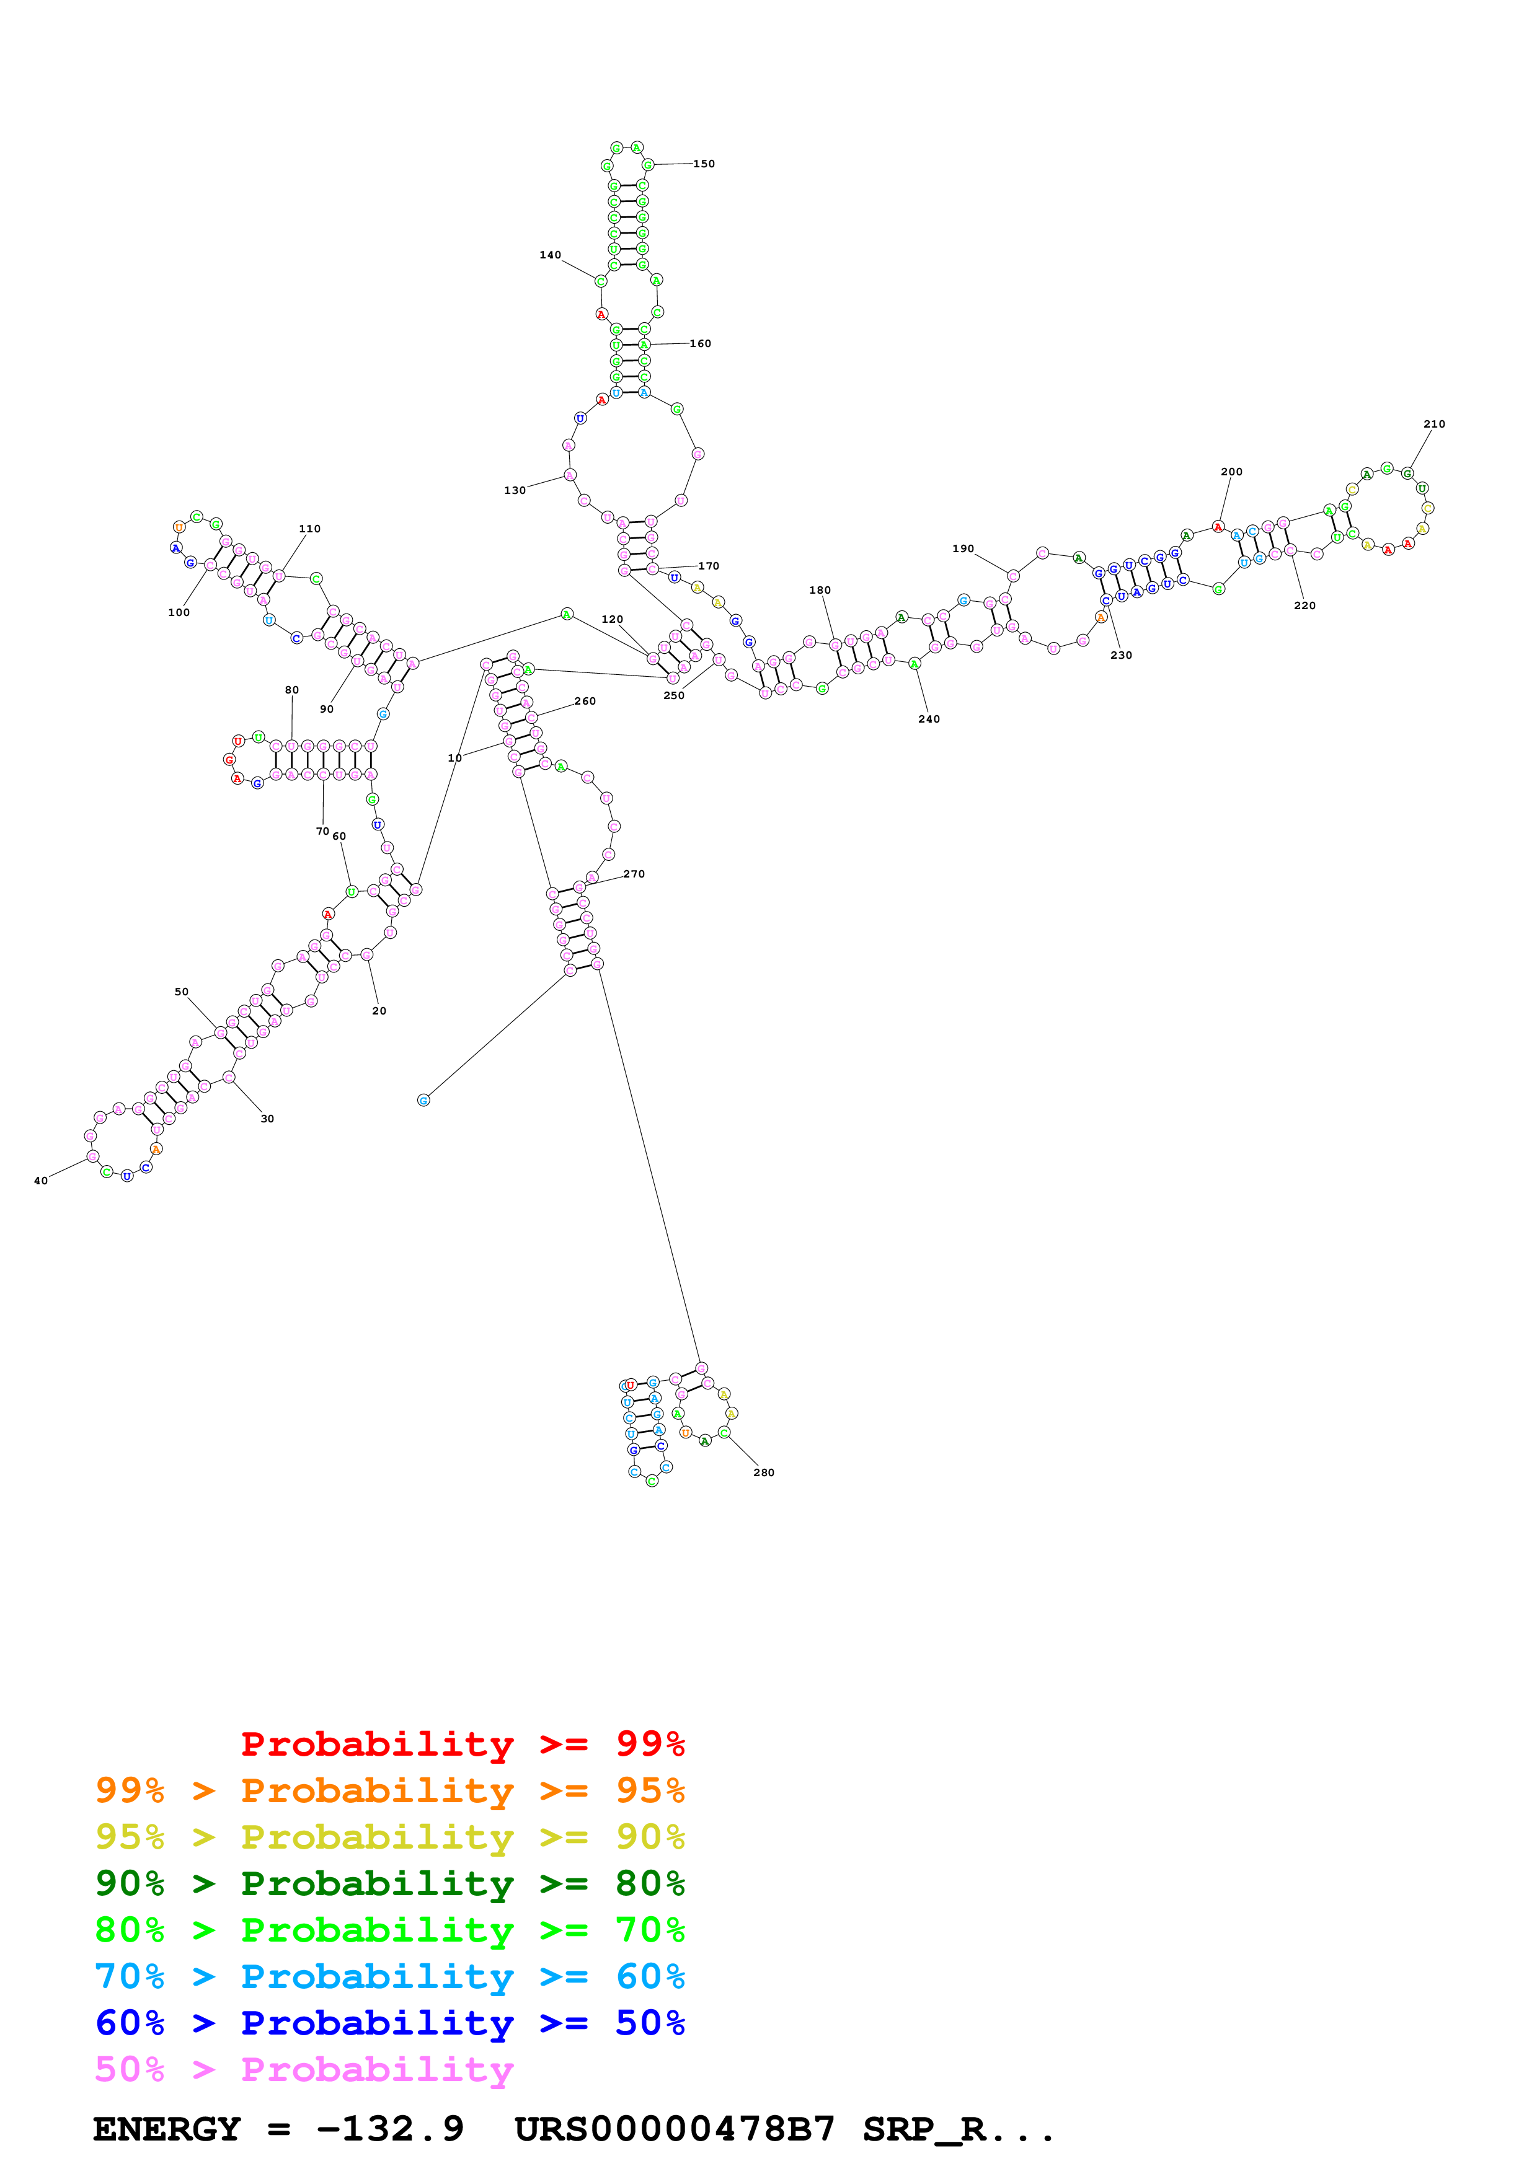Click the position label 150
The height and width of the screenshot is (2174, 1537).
[x=704, y=164]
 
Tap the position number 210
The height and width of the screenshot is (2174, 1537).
[x=1434, y=424]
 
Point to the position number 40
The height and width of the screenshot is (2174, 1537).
[x=41, y=1181]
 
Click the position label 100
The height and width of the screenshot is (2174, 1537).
[x=179, y=613]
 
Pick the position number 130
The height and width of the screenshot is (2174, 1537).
[x=514, y=490]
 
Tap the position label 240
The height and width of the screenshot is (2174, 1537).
[x=929, y=720]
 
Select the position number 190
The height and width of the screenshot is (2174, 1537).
[x=963, y=549]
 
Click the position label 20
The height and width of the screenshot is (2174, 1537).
[x=379, y=1011]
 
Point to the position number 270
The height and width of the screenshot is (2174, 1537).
[x=634, y=874]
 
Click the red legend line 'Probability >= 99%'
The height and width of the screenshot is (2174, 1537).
[x=462, y=1744]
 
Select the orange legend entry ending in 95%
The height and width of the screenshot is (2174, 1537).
[x=389, y=1790]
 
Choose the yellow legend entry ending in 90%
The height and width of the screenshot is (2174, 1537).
[x=389, y=1837]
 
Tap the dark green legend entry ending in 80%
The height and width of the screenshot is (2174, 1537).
[x=389, y=1883]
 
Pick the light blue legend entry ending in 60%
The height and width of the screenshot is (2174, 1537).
[x=389, y=1976]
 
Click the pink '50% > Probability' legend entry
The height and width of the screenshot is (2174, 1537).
[x=304, y=2069]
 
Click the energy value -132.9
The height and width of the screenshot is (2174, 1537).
[x=390, y=2129]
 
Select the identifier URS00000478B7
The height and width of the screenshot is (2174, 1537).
[x=675, y=2129]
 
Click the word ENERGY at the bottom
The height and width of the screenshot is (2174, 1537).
[x=167, y=2129]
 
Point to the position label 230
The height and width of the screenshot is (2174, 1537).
[x=1121, y=655]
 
